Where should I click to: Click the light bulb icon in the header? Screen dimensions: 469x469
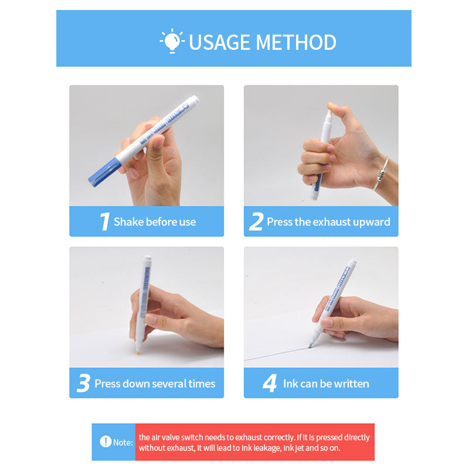tap(172, 41)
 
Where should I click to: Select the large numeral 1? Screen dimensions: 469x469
tap(104, 222)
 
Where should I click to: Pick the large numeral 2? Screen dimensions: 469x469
tap(256, 222)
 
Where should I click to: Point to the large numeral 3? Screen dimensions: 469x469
tap(83, 384)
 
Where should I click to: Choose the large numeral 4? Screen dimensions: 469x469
tap(269, 384)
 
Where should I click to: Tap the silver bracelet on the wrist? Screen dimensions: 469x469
tap(381, 174)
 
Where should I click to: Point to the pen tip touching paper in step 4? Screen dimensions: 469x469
tap(310, 346)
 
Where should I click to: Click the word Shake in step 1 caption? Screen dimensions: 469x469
tap(127, 222)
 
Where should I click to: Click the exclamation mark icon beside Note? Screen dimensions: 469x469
tap(105, 441)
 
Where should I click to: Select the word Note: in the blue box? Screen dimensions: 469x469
tap(123, 442)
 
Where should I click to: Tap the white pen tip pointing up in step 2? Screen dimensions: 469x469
tap(329, 114)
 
